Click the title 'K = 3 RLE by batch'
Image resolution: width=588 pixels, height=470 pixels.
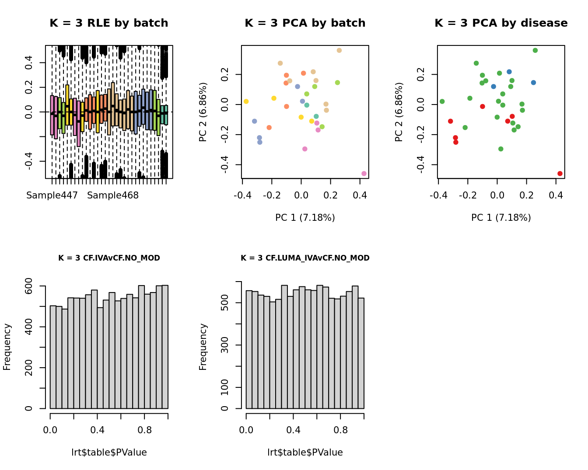click(x=109, y=23)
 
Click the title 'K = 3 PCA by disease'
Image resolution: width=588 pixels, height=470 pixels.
click(x=501, y=23)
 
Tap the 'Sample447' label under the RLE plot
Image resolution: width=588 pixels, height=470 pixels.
click(x=52, y=195)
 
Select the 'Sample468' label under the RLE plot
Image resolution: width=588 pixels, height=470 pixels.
click(x=113, y=195)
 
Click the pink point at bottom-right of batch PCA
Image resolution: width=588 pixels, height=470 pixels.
click(x=364, y=174)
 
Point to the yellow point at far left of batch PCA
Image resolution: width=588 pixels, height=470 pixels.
click(x=246, y=101)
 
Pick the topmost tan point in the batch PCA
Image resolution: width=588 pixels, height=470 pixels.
click(x=339, y=51)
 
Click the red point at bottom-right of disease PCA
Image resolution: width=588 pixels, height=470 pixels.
click(x=560, y=174)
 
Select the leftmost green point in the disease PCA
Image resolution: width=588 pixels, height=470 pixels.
click(x=442, y=101)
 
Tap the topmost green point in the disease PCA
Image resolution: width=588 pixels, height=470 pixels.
click(x=535, y=51)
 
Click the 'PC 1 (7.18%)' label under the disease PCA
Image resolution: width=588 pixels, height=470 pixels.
click(x=501, y=218)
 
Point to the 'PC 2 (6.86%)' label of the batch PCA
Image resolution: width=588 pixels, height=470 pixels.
click(x=203, y=112)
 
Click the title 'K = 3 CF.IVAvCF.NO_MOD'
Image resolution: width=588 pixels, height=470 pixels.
click(x=109, y=258)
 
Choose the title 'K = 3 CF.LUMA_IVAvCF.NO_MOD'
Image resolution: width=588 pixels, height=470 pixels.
click(x=305, y=258)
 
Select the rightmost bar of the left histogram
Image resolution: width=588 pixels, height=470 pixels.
click(x=165, y=347)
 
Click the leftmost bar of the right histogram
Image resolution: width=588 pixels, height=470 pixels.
click(x=249, y=349)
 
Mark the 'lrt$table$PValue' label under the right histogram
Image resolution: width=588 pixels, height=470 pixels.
click(x=305, y=453)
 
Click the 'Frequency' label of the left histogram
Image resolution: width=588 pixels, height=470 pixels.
click(x=7, y=347)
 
